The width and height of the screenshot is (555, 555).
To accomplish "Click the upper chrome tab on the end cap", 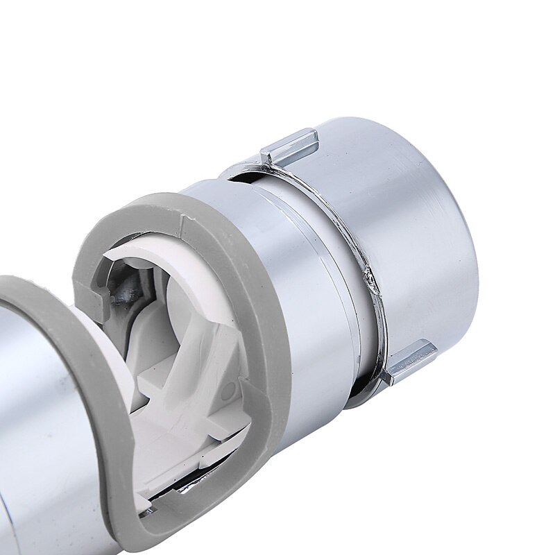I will (290, 147).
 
